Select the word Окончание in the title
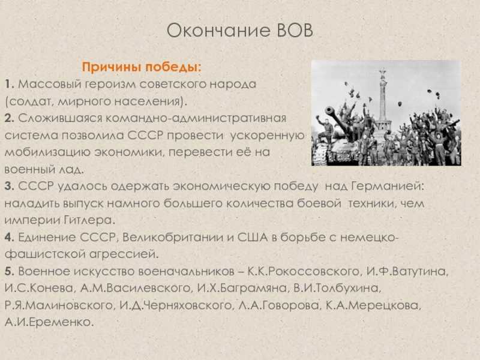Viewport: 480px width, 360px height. pos(218,31)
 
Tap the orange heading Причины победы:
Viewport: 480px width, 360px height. pos(142,67)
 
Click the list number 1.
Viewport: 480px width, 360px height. pos(9,84)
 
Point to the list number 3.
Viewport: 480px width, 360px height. pos(9,186)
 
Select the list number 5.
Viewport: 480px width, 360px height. pos(9,271)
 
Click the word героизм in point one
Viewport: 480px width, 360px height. pos(110,85)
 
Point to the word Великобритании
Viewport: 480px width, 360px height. pos(173,238)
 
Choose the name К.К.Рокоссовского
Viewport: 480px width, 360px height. pos(304,272)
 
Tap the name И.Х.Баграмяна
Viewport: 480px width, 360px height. pos(242,289)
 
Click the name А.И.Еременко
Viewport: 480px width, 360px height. pos(49,322)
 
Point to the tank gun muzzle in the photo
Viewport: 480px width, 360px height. pos(329,110)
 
